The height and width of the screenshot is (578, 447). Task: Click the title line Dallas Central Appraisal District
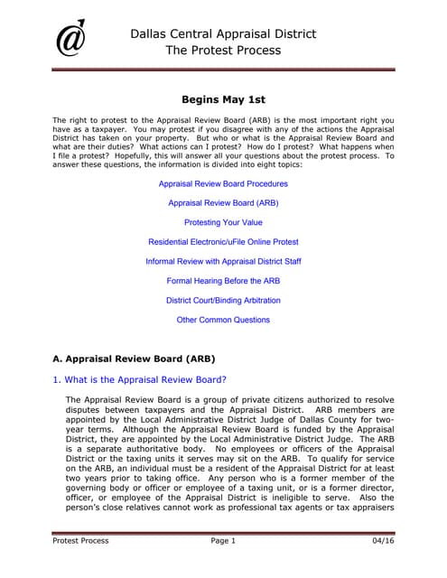tap(223, 34)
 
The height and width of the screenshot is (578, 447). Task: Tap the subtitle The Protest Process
tap(223, 51)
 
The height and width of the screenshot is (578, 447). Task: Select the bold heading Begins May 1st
tap(223, 101)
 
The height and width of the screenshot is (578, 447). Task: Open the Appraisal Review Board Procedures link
tap(223, 183)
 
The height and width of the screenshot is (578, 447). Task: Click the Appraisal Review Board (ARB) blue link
tap(223, 203)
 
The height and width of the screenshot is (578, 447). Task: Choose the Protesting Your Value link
tap(223, 222)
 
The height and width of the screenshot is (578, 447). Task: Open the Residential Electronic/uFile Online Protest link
tap(223, 242)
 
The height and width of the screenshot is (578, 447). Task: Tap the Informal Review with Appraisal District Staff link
tap(223, 262)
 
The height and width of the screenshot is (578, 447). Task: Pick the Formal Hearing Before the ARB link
tap(223, 281)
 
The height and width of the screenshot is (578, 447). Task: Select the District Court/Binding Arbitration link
tap(223, 301)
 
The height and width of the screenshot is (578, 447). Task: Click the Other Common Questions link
tap(223, 320)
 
